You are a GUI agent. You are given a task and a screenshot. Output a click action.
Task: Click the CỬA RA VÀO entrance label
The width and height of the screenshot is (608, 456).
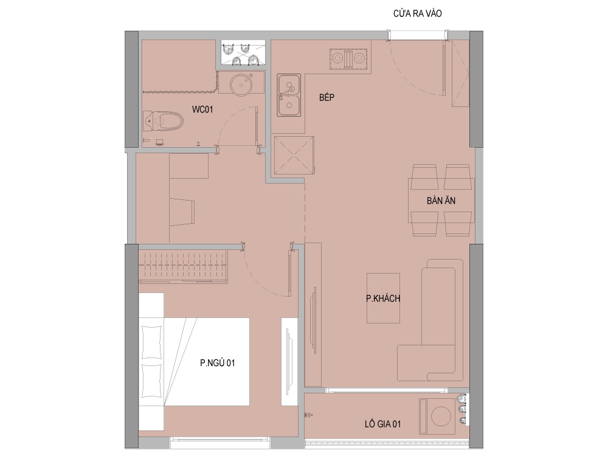coord(418,13)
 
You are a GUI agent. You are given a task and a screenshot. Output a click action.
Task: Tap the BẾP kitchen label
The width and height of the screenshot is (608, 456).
coord(326,97)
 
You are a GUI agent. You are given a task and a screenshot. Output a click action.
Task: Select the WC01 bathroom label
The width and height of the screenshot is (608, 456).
coord(202,109)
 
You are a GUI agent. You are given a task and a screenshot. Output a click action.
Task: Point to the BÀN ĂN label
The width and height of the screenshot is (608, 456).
coord(441,201)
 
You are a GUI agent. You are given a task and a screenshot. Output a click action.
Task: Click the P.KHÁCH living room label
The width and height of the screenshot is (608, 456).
coord(383,298)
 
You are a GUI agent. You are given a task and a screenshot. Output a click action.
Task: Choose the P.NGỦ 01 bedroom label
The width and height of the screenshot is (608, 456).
coord(218,363)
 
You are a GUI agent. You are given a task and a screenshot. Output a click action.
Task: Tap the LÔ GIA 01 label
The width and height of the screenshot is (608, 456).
coord(382,424)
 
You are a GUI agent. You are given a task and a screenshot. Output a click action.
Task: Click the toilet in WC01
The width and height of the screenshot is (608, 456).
coord(163,121)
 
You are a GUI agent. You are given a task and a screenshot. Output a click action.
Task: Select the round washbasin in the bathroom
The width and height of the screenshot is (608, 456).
coord(241,84)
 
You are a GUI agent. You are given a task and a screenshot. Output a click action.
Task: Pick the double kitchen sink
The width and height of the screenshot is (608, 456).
coord(289,95)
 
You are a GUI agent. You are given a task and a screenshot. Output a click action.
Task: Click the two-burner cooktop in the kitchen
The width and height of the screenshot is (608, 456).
coord(348,58)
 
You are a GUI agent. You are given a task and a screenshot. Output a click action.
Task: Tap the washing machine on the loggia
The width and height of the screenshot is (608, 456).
coord(437,416)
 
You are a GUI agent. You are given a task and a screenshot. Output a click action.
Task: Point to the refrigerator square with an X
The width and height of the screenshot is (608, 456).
coord(294,155)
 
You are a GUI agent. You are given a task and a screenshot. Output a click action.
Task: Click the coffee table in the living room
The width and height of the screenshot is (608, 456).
coord(383,298)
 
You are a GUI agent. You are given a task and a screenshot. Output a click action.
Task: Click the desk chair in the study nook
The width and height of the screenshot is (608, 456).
coord(182,212)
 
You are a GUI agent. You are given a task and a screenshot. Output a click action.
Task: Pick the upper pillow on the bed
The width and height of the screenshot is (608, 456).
coord(151,342)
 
